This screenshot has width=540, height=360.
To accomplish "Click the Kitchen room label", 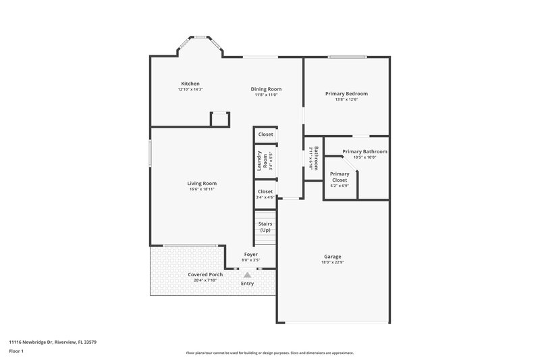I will pyautogui.click(x=190, y=83).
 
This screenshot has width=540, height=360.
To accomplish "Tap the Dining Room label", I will pyautogui.click(x=266, y=89).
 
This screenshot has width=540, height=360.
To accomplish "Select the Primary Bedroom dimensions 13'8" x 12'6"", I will pyautogui.click(x=346, y=100).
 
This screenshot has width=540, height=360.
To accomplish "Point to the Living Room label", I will pyautogui.click(x=202, y=183).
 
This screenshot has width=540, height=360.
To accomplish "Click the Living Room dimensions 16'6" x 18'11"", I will pyautogui.click(x=202, y=189).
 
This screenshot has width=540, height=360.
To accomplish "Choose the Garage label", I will pyautogui.click(x=332, y=257).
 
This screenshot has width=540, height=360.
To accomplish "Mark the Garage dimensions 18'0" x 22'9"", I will pyautogui.click(x=332, y=263).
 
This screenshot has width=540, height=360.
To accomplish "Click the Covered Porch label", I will pyautogui.click(x=205, y=275).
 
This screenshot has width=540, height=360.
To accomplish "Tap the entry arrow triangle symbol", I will pyautogui.click(x=248, y=275).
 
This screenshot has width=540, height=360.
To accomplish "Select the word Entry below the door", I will pyautogui.click(x=248, y=284).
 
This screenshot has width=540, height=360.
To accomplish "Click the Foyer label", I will pyautogui.click(x=250, y=255).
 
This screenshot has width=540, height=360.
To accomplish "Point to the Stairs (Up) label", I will pyautogui.click(x=265, y=226).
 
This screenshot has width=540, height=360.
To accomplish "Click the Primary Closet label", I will pyautogui.click(x=339, y=177).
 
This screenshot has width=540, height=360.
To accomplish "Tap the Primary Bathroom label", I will pyautogui.click(x=364, y=151).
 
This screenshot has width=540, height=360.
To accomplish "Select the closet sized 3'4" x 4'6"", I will pyautogui.click(x=265, y=195).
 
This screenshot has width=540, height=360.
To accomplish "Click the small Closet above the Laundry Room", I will pyautogui.click(x=265, y=134).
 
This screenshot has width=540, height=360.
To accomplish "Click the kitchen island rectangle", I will pyautogui.click(x=220, y=120).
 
